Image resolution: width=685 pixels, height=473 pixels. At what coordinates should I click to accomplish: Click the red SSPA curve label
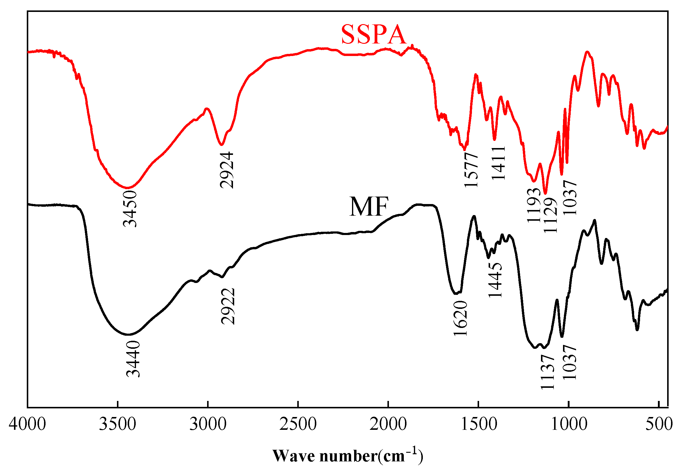[x=373, y=35]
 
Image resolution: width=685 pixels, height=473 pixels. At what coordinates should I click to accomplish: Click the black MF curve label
[x=369, y=207]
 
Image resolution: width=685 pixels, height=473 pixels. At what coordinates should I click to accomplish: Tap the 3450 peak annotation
[x=130, y=209]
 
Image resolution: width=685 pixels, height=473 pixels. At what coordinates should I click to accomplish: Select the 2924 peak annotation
[x=227, y=170]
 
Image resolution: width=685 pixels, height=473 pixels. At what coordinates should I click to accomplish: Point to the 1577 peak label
[x=471, y=169]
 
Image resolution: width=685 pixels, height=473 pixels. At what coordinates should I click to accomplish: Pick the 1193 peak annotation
[x=534, y=205]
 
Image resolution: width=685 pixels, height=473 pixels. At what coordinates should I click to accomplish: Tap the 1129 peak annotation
[x=550, y=215]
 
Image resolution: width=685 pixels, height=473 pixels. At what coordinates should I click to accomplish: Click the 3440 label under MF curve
[x=133, y=359]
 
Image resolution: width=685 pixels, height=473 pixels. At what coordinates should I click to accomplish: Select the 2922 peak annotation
[x=228, y=306]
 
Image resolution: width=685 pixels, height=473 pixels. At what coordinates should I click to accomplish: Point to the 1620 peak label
[x=460, y=318]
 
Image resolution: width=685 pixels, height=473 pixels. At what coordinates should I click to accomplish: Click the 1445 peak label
[x=495, y=280]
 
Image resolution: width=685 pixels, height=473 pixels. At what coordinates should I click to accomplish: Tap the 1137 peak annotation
[x=548, y=372]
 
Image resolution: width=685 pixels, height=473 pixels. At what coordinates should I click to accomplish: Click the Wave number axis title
[x=348, y=455]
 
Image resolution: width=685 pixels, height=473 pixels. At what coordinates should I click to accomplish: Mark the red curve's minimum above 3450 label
[x=127, y=188]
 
